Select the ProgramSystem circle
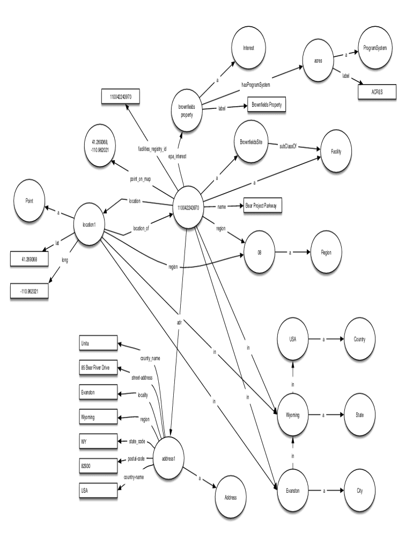(x=379, y=48)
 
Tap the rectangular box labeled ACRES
(x=378, y=92)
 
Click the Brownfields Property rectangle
(x=265, y=105)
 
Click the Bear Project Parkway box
(x=263, y=206)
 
